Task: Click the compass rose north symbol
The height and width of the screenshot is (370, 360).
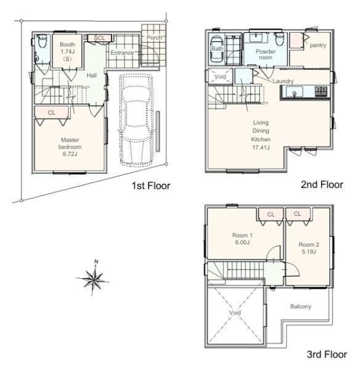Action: pyautogui.click(x=93, y=278)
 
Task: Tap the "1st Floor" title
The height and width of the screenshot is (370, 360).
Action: pyautogui.click(x=151, y=186)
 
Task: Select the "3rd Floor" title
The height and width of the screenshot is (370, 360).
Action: pyautogui.click(x=327, y=354)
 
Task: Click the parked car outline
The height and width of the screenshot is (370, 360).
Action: pyautogui.click(x=136, y=120)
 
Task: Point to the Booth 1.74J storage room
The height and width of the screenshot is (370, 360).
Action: pyautogui.click(x=67, y=51)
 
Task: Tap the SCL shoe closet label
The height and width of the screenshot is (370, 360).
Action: pyautogui.click(x=99, y=38)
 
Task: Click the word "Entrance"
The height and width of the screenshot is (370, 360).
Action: pyautogui.click(x=122, y=52)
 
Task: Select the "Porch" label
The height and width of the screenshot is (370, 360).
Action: pyautogui.click(x=154, y=37)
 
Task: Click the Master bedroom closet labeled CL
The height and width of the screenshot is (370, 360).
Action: pyautogui.click(x=52, y=112)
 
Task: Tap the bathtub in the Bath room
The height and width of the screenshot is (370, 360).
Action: pyautogui.click(x=216, y=49)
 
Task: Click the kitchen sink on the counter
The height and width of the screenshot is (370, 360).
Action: pyautogui.click(x=295, y=92)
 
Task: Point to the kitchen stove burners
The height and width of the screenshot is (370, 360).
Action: pyautogui.click(x=321, y=91)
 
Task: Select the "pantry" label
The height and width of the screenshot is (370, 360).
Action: pyautogui.click(x=317, y=45)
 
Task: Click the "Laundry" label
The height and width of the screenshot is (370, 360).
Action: pyautogui.click(x=283, y=81)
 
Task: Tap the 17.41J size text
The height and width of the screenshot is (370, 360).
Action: pyautogui.click(x=261, y=148)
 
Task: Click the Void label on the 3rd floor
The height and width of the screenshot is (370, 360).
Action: pyautogui.click(x=235, y=313)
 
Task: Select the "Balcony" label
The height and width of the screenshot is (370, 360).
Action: pyautogui.click(x=301, y=306)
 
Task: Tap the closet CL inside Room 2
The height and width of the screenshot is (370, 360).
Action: pyautogui.click(x=298, y=214)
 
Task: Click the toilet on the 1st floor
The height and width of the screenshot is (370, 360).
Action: pyautogui.click(x=43, y=41)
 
